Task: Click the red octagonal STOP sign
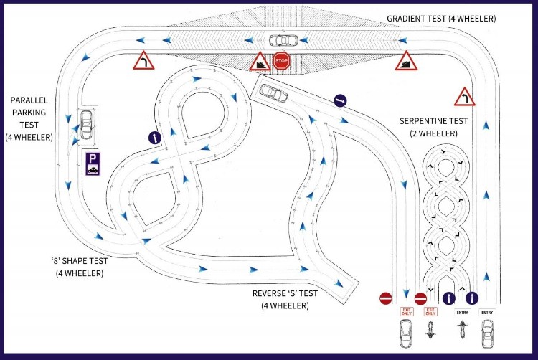tap(281, 61)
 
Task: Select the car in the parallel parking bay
tap(86, 125)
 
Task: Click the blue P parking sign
tap(93, 164)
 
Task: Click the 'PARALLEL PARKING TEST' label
tap(29, 118)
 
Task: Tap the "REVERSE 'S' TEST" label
tap(291, 299)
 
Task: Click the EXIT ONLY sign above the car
tap(407, 312)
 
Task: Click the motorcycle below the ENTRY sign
tap(462, 331)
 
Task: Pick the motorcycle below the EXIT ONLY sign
tap(430, 332)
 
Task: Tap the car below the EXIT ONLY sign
tap(405, 333)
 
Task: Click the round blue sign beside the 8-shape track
tap(154, 136)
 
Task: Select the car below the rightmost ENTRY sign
tap(488, 333)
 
